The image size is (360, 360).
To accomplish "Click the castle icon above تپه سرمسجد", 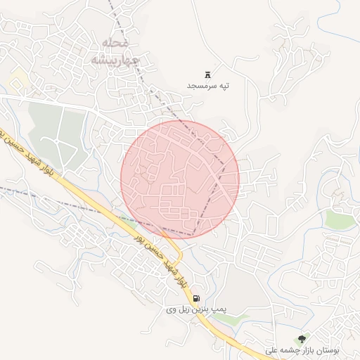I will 208,74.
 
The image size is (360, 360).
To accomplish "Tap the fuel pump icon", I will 195,298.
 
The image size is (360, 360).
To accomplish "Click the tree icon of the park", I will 302,339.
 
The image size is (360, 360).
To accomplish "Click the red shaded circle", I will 180,179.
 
